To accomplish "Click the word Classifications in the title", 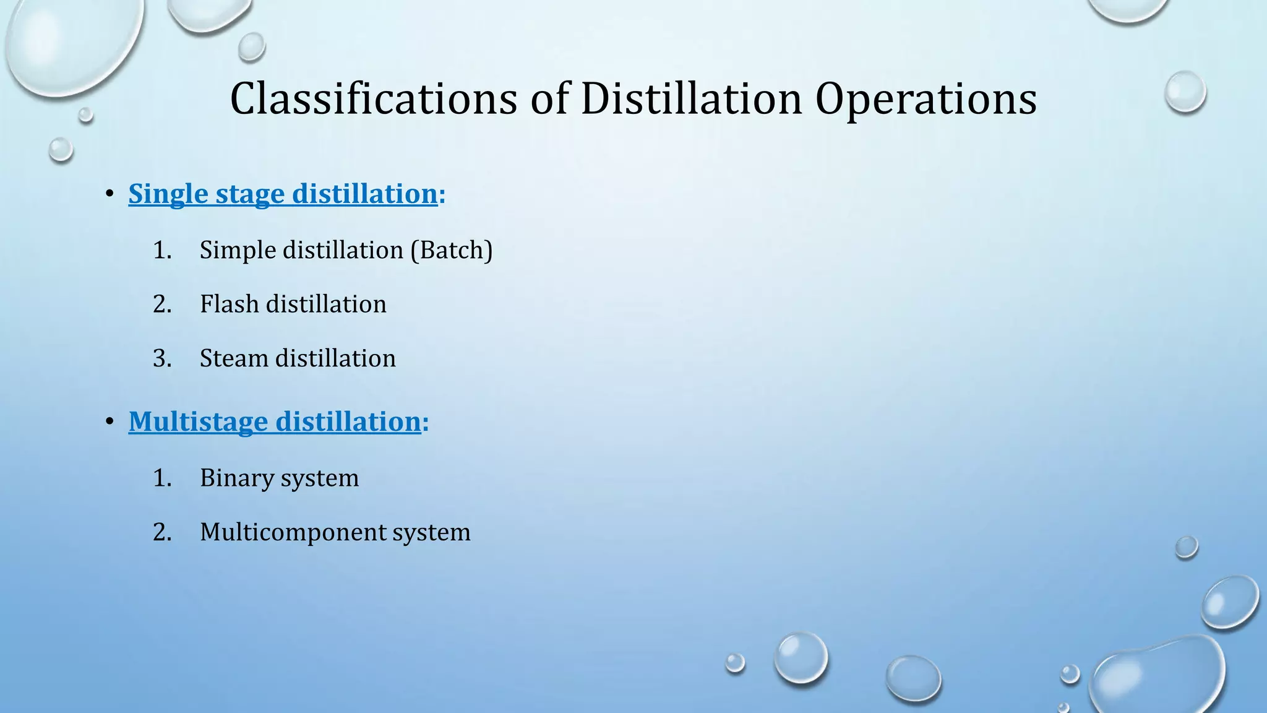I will click(373, 99).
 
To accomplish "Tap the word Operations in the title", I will click(926, 99).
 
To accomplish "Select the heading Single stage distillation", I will click(283, 194).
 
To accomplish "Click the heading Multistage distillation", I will click(275, 421).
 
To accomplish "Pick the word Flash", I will click(230, 304).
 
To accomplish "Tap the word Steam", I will click(234, 358).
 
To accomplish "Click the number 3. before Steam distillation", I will click(162, 358).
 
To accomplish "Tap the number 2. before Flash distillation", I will click(162, 304).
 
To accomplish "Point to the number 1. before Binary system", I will click(162, 478).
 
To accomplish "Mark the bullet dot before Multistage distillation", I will click(110, 422).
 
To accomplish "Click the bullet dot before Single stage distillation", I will click(110, 194).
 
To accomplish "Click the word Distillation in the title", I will click(691, 99).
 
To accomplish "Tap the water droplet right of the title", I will click(1185, 92).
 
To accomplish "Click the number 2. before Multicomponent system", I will click(162, 532).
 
